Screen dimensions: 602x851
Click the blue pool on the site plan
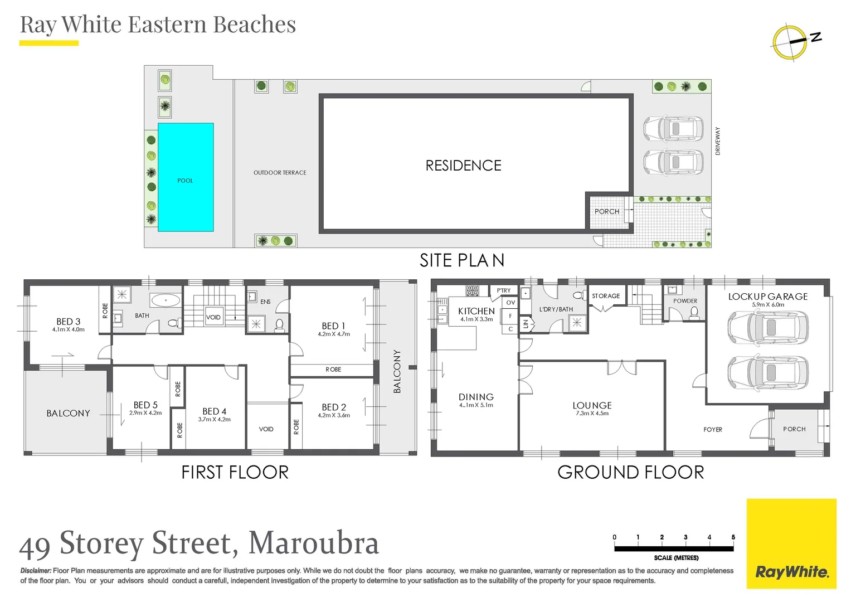pos(186,177)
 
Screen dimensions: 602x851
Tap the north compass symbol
pos(790,41)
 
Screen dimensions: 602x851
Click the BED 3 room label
pos(69,322)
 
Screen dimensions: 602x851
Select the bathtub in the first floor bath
pos(166,301)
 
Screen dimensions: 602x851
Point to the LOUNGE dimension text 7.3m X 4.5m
pos(592,414)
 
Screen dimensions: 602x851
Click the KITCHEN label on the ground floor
pos(476,311)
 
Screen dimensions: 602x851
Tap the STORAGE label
pos(606,296)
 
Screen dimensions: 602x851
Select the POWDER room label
pos(685,301)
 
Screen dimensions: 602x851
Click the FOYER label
pos(713,430)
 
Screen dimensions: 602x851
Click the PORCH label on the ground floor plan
pos(794,429)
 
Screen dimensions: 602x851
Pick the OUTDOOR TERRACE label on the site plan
pos(280,173)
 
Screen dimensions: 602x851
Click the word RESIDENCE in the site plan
pos(463,166)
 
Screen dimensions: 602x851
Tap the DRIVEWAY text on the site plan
pos(718,141)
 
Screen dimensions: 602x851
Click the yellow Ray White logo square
pos(791,543)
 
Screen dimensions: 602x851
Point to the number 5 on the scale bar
pos(733,537)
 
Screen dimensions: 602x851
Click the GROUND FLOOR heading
pos(630,473)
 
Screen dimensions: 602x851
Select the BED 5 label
pos(145,405)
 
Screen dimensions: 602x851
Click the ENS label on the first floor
pos(265,302)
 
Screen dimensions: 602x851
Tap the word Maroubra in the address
pos(313,543)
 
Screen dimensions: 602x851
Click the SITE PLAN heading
pos(461,260)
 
